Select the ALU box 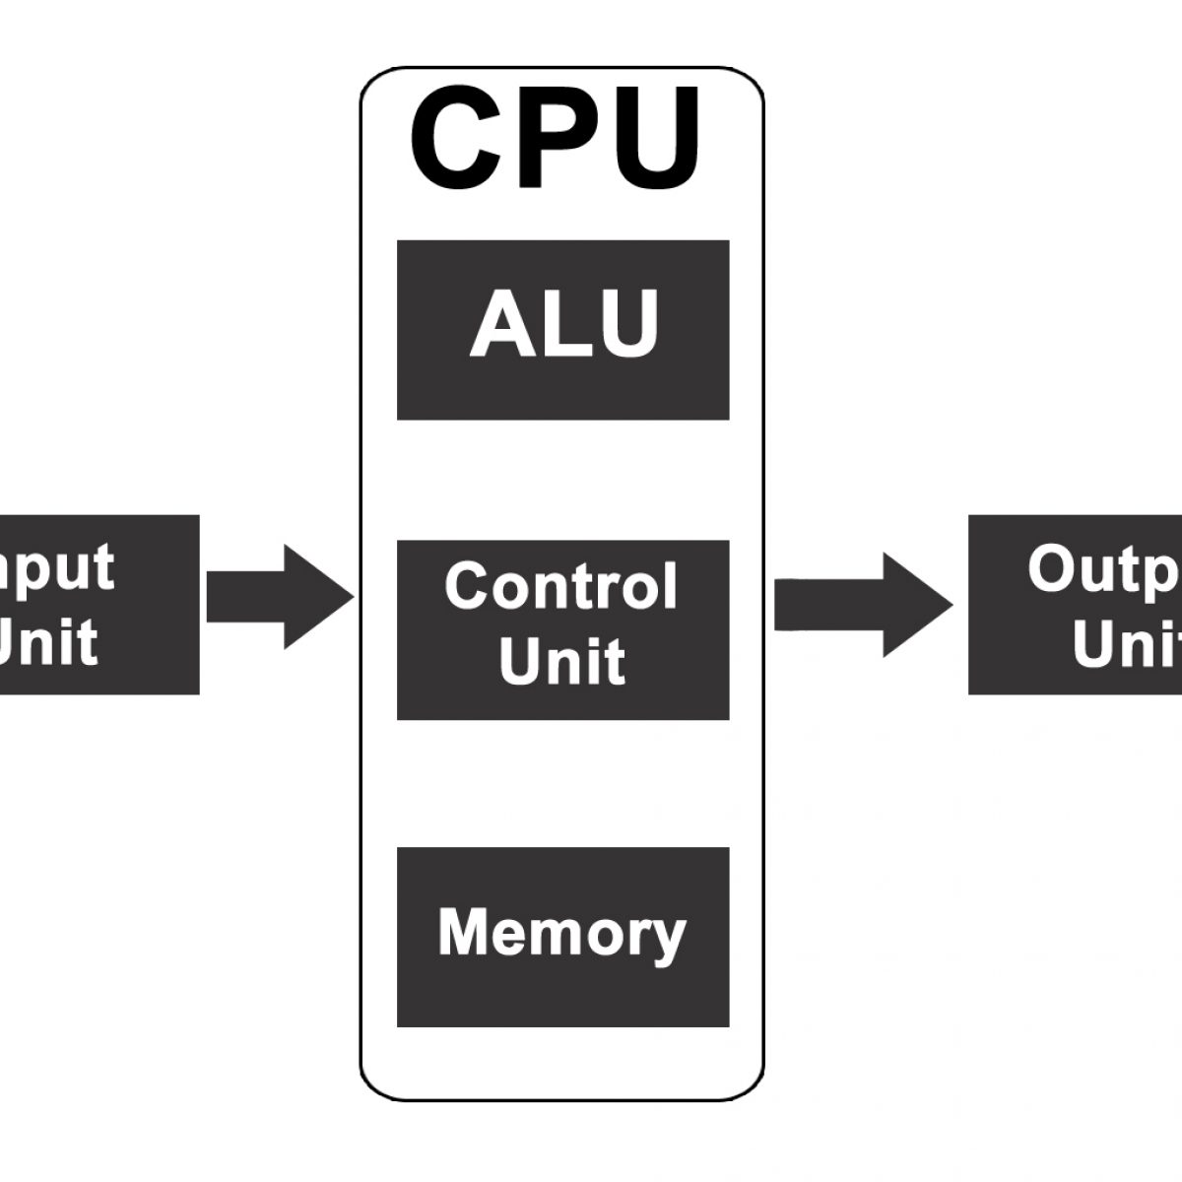pos(562,330)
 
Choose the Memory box pos(562,936)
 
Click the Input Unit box pos(98,604)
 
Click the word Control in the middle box pos(561,586)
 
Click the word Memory pos(561,932)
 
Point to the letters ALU pos(563,323)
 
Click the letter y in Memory pos(668,938)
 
